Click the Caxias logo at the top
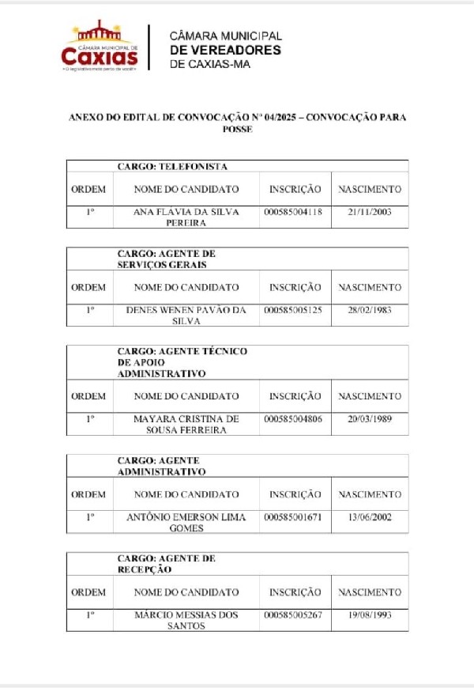100,47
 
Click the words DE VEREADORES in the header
225,50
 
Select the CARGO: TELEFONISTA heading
172,167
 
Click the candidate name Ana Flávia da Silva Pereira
186,217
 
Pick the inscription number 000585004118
293,212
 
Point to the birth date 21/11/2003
369,212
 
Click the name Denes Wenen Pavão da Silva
186,316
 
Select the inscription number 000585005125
293,310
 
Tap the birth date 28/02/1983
369,310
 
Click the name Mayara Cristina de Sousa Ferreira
186,424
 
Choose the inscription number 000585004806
293,419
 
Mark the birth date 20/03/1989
369,419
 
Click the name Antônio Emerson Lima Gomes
186,522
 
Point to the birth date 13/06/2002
369,517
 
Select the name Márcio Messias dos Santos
186,620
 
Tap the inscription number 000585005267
293,615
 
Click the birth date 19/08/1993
369,615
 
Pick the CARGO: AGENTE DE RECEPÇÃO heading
166,564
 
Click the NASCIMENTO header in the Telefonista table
369,190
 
